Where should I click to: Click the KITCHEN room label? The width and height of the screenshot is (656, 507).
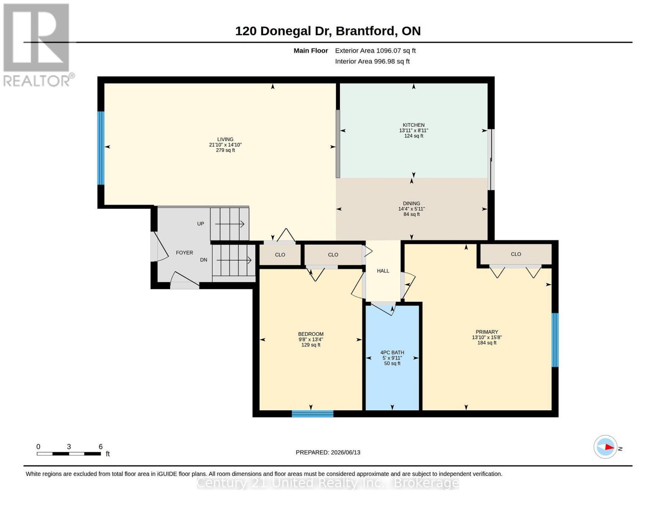pos(413,125)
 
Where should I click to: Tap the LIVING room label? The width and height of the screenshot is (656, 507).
pos(225,139)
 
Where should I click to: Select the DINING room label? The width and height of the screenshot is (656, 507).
pos(411,204)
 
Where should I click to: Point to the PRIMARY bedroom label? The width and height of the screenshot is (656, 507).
pos(487,332)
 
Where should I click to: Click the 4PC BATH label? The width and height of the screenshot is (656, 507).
pos(392,352)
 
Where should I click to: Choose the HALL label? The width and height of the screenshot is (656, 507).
pos(383,271)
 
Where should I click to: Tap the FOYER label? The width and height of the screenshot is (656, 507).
pos(184,253)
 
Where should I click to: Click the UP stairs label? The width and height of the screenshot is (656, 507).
pos(201,224)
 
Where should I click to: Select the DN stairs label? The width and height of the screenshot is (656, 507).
pos(204,260)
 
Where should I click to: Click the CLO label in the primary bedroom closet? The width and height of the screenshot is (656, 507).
pos(516,254)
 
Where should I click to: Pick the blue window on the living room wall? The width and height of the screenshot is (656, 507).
pos(101,148)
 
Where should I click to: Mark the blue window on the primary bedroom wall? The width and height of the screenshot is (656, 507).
pos(555,340)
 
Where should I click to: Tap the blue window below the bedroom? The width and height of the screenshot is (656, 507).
pos(313,414)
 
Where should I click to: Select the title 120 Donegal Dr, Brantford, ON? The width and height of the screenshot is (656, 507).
pos(328,31)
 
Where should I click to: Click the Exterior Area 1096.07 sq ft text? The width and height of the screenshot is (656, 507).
pos(375,51)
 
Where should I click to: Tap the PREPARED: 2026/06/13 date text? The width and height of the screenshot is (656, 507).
pos(328,452)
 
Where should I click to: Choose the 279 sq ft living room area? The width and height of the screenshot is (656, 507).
pos(225,150)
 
